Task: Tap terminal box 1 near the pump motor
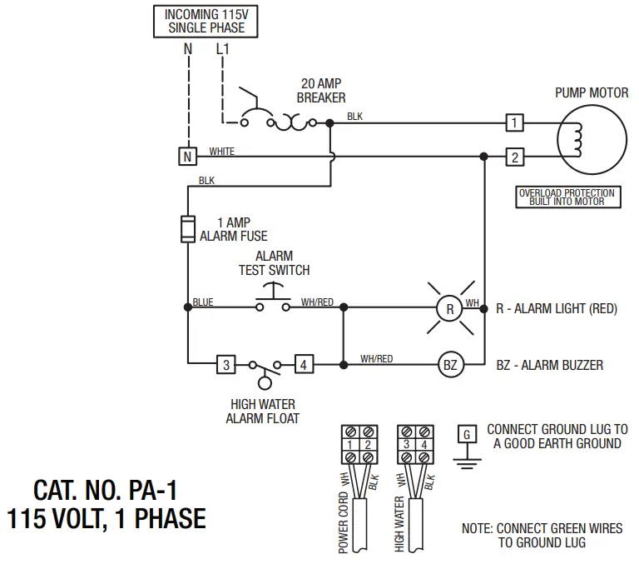515,122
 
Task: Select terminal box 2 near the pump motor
515,157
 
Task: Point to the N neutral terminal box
187,157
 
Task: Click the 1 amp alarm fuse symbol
187,228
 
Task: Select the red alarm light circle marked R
450,308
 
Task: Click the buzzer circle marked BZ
450,364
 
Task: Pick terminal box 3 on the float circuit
225,364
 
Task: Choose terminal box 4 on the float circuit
305,364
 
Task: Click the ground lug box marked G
467,434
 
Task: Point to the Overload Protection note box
567,197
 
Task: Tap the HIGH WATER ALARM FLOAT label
262,412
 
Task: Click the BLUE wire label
202,302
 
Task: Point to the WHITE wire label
221,152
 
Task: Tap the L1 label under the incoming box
222,50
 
